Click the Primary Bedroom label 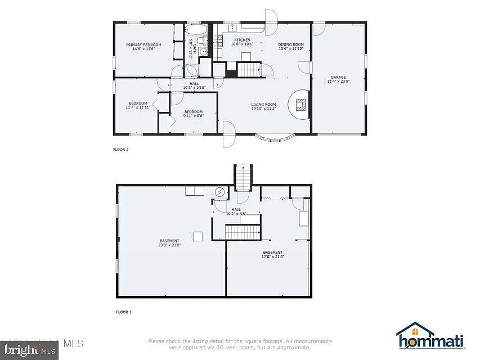click(143, 47)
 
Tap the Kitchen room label click(242, 42)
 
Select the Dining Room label click(291, 46)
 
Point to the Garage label click(338, 79)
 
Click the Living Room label click(263, 106)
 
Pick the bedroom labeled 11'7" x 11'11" click(138, 105)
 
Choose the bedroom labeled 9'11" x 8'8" click(193, 114)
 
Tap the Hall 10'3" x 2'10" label click(194, 85)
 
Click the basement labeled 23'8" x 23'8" click(169, 243)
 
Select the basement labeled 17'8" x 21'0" click(272, 254)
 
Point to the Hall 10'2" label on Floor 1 click(236, 211)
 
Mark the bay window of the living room click(275, 137)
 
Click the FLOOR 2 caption click(121, 150)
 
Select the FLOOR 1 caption click(123, 311)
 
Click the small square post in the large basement click(197, 236)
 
